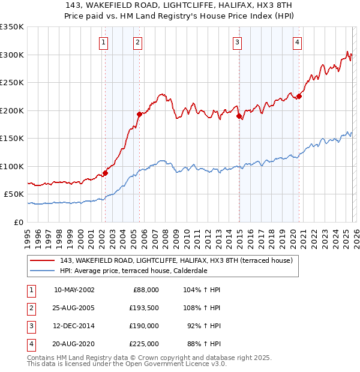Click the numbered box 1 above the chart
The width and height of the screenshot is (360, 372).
pyautogui.click(x=104, y=42)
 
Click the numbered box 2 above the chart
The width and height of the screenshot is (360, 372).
pyautogui.click(x=138, y=42)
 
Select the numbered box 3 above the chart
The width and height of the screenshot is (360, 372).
pyautogui.click(x=238, y=42)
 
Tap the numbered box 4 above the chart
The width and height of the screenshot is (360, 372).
pyautogui.click(x=298, y=42)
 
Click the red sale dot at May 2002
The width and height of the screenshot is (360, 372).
pyautogui.click(x=105, y=173)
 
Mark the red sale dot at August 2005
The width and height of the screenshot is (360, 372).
pyautogui.click(x=139, y=114)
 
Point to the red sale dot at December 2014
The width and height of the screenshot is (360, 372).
pyautogui.click(x=239, y=116)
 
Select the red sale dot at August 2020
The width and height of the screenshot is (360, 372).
pyautogui.click(x=299, y=96)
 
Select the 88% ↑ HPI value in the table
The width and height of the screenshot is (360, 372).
pyautogui.click(x=203, y=344)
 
